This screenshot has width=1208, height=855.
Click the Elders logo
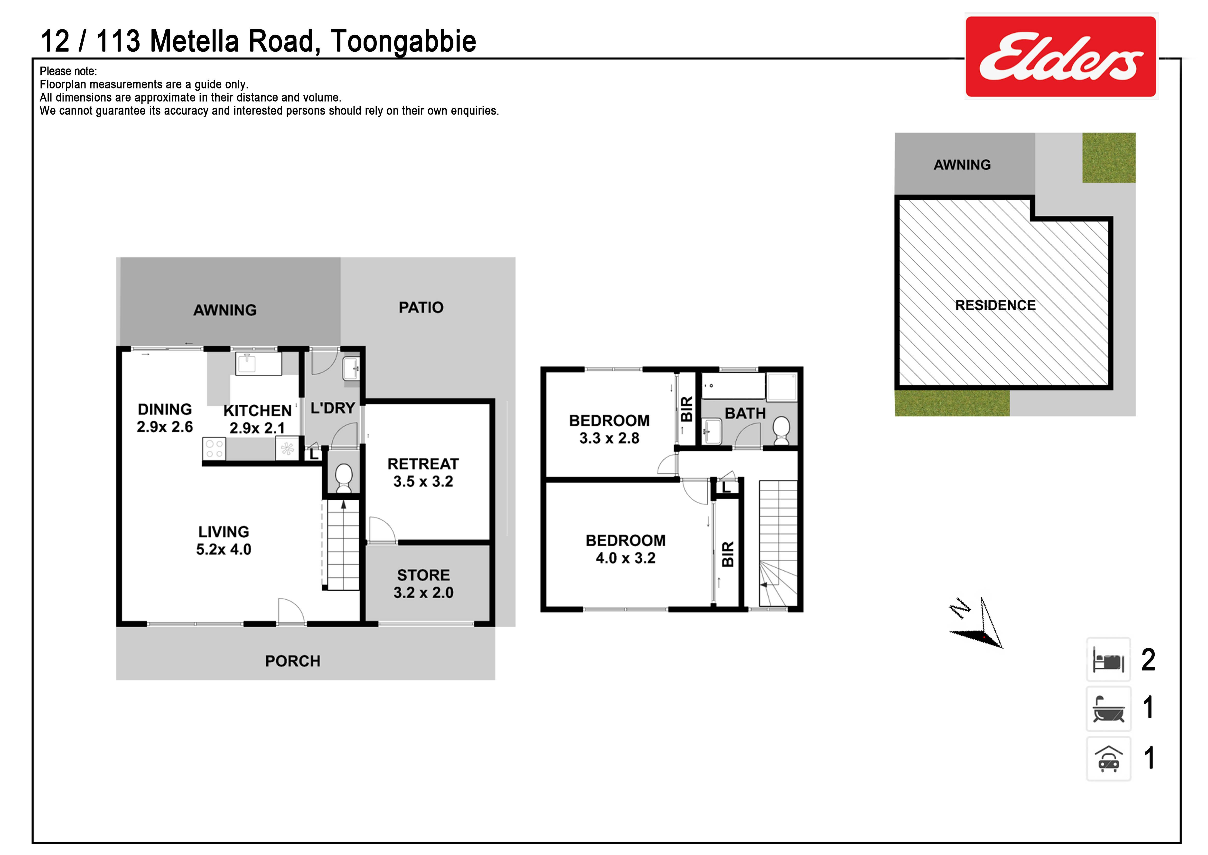click(1061, 56)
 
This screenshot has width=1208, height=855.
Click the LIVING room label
click(224, 532)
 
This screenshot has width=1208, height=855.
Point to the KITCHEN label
click(257, 411)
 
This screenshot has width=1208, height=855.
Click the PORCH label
click(292, 661)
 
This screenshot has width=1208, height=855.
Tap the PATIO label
click(421, 307)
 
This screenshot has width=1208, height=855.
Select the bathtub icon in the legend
click(1109, 709)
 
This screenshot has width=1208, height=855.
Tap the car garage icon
click(1109, 759)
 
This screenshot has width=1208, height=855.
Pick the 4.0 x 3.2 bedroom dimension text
click(626, 558)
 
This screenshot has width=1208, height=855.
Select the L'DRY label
click(333, 408)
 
